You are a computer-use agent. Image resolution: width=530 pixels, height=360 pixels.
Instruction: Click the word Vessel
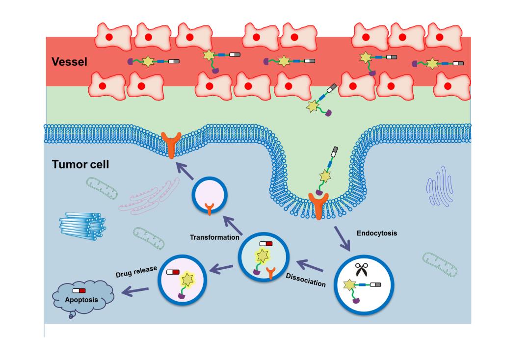(x=69, y=62)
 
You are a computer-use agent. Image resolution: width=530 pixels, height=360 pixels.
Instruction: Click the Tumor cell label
(x=80, y=164)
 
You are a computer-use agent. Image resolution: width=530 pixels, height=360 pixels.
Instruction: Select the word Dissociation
(x=306, y=280)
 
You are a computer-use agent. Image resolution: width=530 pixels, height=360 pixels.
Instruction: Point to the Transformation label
(x=214, y=237)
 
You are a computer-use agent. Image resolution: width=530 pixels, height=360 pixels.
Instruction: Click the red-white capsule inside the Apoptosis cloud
(x=79, y=291)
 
